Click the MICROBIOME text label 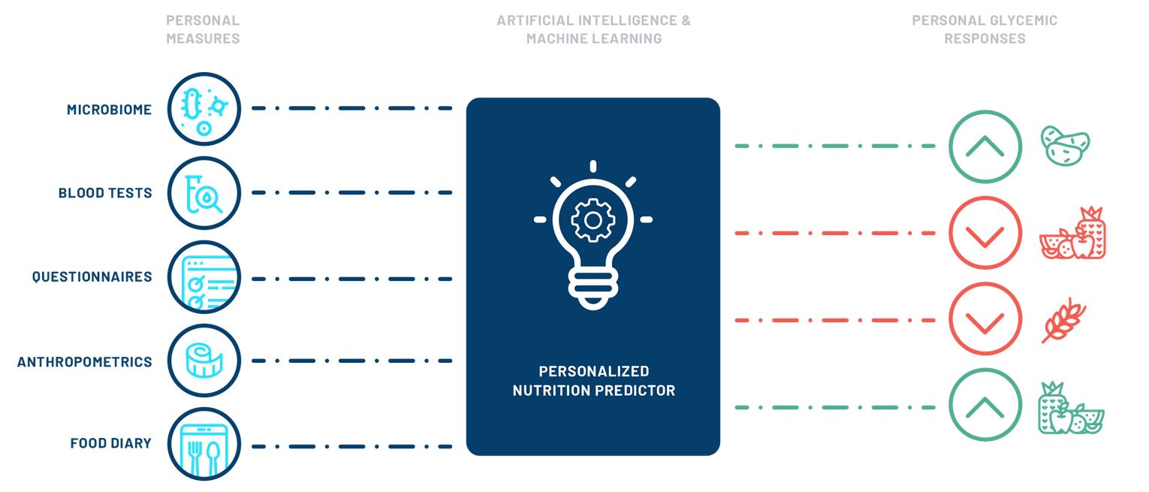pos(109,110)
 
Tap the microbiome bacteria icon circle pos(204,109)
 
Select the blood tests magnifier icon pos(204,193)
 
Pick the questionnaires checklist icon pos(204,277)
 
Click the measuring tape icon pos(204,361)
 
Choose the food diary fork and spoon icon pos(204,444)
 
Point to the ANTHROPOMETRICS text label pos(85,362)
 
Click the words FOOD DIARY pos(110,443)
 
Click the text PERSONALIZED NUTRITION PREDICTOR pos(593,381)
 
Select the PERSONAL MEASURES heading pos(203,29)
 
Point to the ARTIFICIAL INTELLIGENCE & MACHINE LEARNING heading pos(593,29)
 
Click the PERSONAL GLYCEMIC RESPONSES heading pos(985,29)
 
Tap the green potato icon pos(1064,145)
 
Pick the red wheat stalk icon pos(1063,321)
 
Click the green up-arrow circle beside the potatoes pos(985,146)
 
